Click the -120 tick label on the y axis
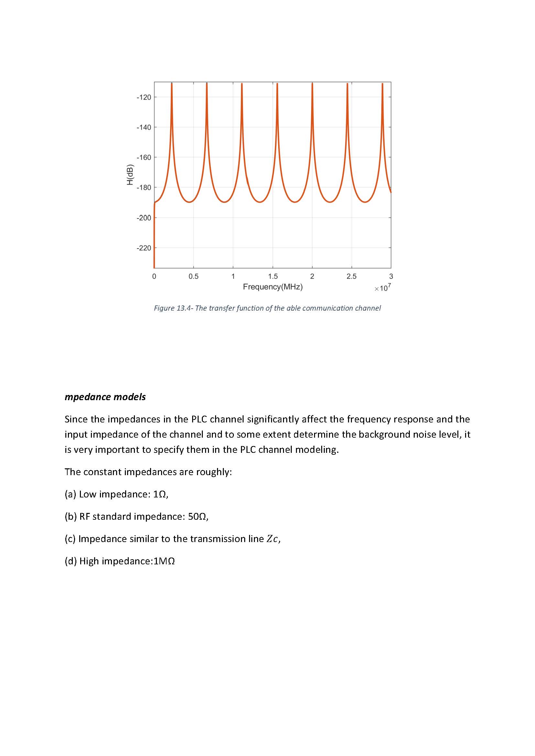pyautogui.click(x=144, y=98)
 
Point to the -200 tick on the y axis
pyautogui.click(x=144, y=218)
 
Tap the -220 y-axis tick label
pyautogui.click(x=144, y=248)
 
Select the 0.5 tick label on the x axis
pyautogui.click(x=193, y=277)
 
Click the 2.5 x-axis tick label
pyautogui.click(x=352, y=277)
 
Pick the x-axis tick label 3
pyautogui.click(x=391, y=277)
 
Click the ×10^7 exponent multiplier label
pyautogui.click(x=382, y=288)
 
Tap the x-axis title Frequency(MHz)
pyautogui.click(x=273, y=287)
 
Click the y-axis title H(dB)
pyautogui.click(x=130, y=175)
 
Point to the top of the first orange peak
pyautogui.click(x=172, y=84)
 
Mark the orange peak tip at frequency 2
pyautogui.click(x=312, y=84)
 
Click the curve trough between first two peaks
pyautogui.click(x=189, y=202)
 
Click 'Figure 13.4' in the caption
pyautogui.click(x=173, y=308)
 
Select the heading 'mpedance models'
pyautogui.click(x=105, y=397)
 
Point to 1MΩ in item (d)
pyautogui.click(x=164, y=561)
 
